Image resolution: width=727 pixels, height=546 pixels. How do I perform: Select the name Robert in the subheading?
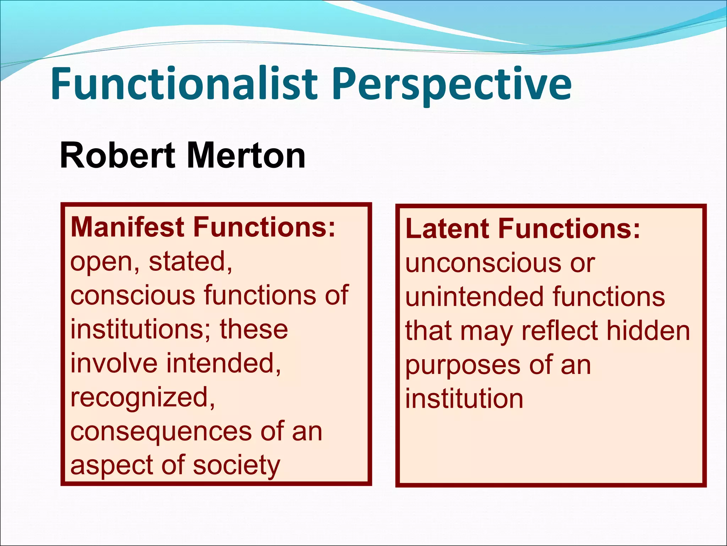(x=117, y=155)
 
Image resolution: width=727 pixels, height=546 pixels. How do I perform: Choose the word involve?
(x=114, y=363)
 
